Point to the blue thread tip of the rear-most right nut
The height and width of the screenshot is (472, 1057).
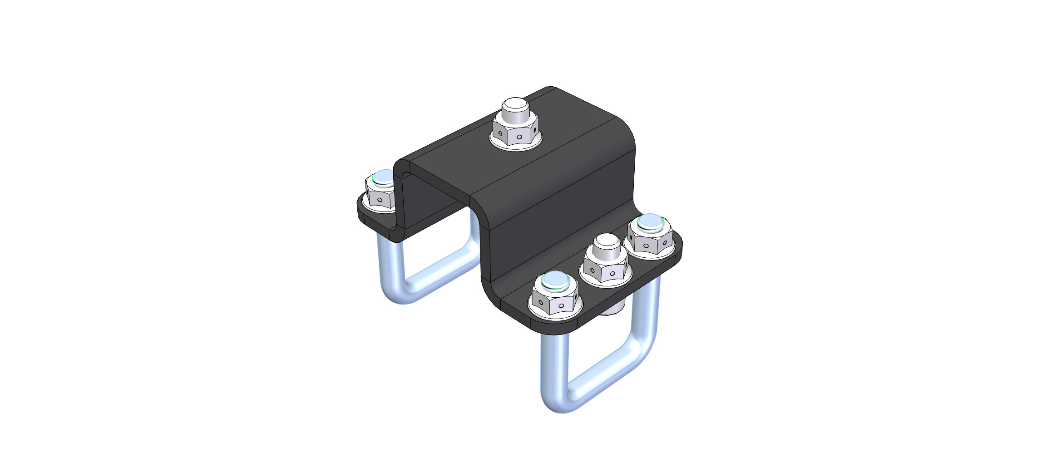650,221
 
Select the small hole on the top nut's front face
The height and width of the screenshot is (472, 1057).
519,136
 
